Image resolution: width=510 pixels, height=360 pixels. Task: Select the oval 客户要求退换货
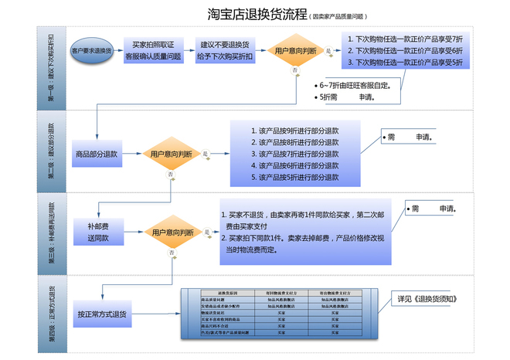pyautogui.click(x=91, y=51)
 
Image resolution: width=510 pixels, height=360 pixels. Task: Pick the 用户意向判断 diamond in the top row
pyautogui.click(x=295, y=51)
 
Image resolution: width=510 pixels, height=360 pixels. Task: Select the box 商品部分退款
pyautogui.click(x=97, y=154)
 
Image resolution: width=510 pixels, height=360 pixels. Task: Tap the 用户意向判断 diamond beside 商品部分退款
pyautogui.click(x=172, y=155)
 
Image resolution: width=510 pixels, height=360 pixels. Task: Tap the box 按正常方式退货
pyautogui.click(x=102, y=314)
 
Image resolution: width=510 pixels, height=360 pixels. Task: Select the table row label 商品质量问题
pyautogui.click(x=213, y=300)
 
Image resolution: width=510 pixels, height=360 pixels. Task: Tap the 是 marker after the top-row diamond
pyautogui.click(x=328, y=51)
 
